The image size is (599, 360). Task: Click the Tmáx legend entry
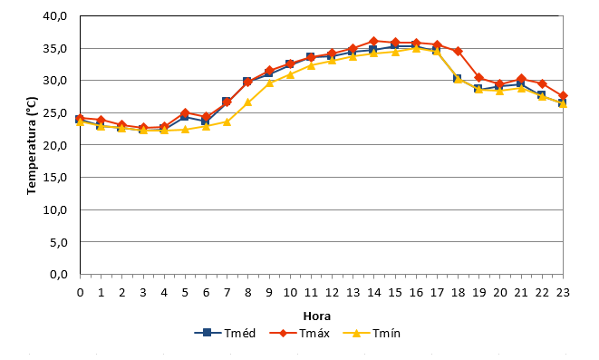click(299, 333)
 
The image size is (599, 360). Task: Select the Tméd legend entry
click(225, 333)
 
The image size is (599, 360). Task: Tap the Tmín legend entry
click(372, 333)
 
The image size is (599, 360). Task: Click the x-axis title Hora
click(316, 316)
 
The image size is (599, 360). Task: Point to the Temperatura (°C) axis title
click(32, 146)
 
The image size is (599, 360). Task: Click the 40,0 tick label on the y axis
click(55, 16)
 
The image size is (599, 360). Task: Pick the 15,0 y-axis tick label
click(55, 178)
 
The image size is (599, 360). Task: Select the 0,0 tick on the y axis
click(58, 275)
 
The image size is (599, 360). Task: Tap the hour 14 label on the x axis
click(374, 293)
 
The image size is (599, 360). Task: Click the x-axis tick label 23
click(563, 293)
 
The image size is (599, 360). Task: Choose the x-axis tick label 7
click(227, 293)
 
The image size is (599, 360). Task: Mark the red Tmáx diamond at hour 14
click(374, 41)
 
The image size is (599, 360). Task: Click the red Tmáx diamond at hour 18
click(458, 51)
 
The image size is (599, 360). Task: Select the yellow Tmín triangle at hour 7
click(227, 122)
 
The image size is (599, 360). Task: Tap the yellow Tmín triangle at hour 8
click(248, 102)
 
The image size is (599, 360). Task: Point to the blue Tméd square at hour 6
click(206, 122)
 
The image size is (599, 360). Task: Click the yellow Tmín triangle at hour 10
click(290, 74)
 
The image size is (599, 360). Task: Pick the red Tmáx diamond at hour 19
click(479, 78)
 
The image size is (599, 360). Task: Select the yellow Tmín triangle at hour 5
click(185, 129)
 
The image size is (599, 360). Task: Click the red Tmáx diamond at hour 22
click(542, 83)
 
